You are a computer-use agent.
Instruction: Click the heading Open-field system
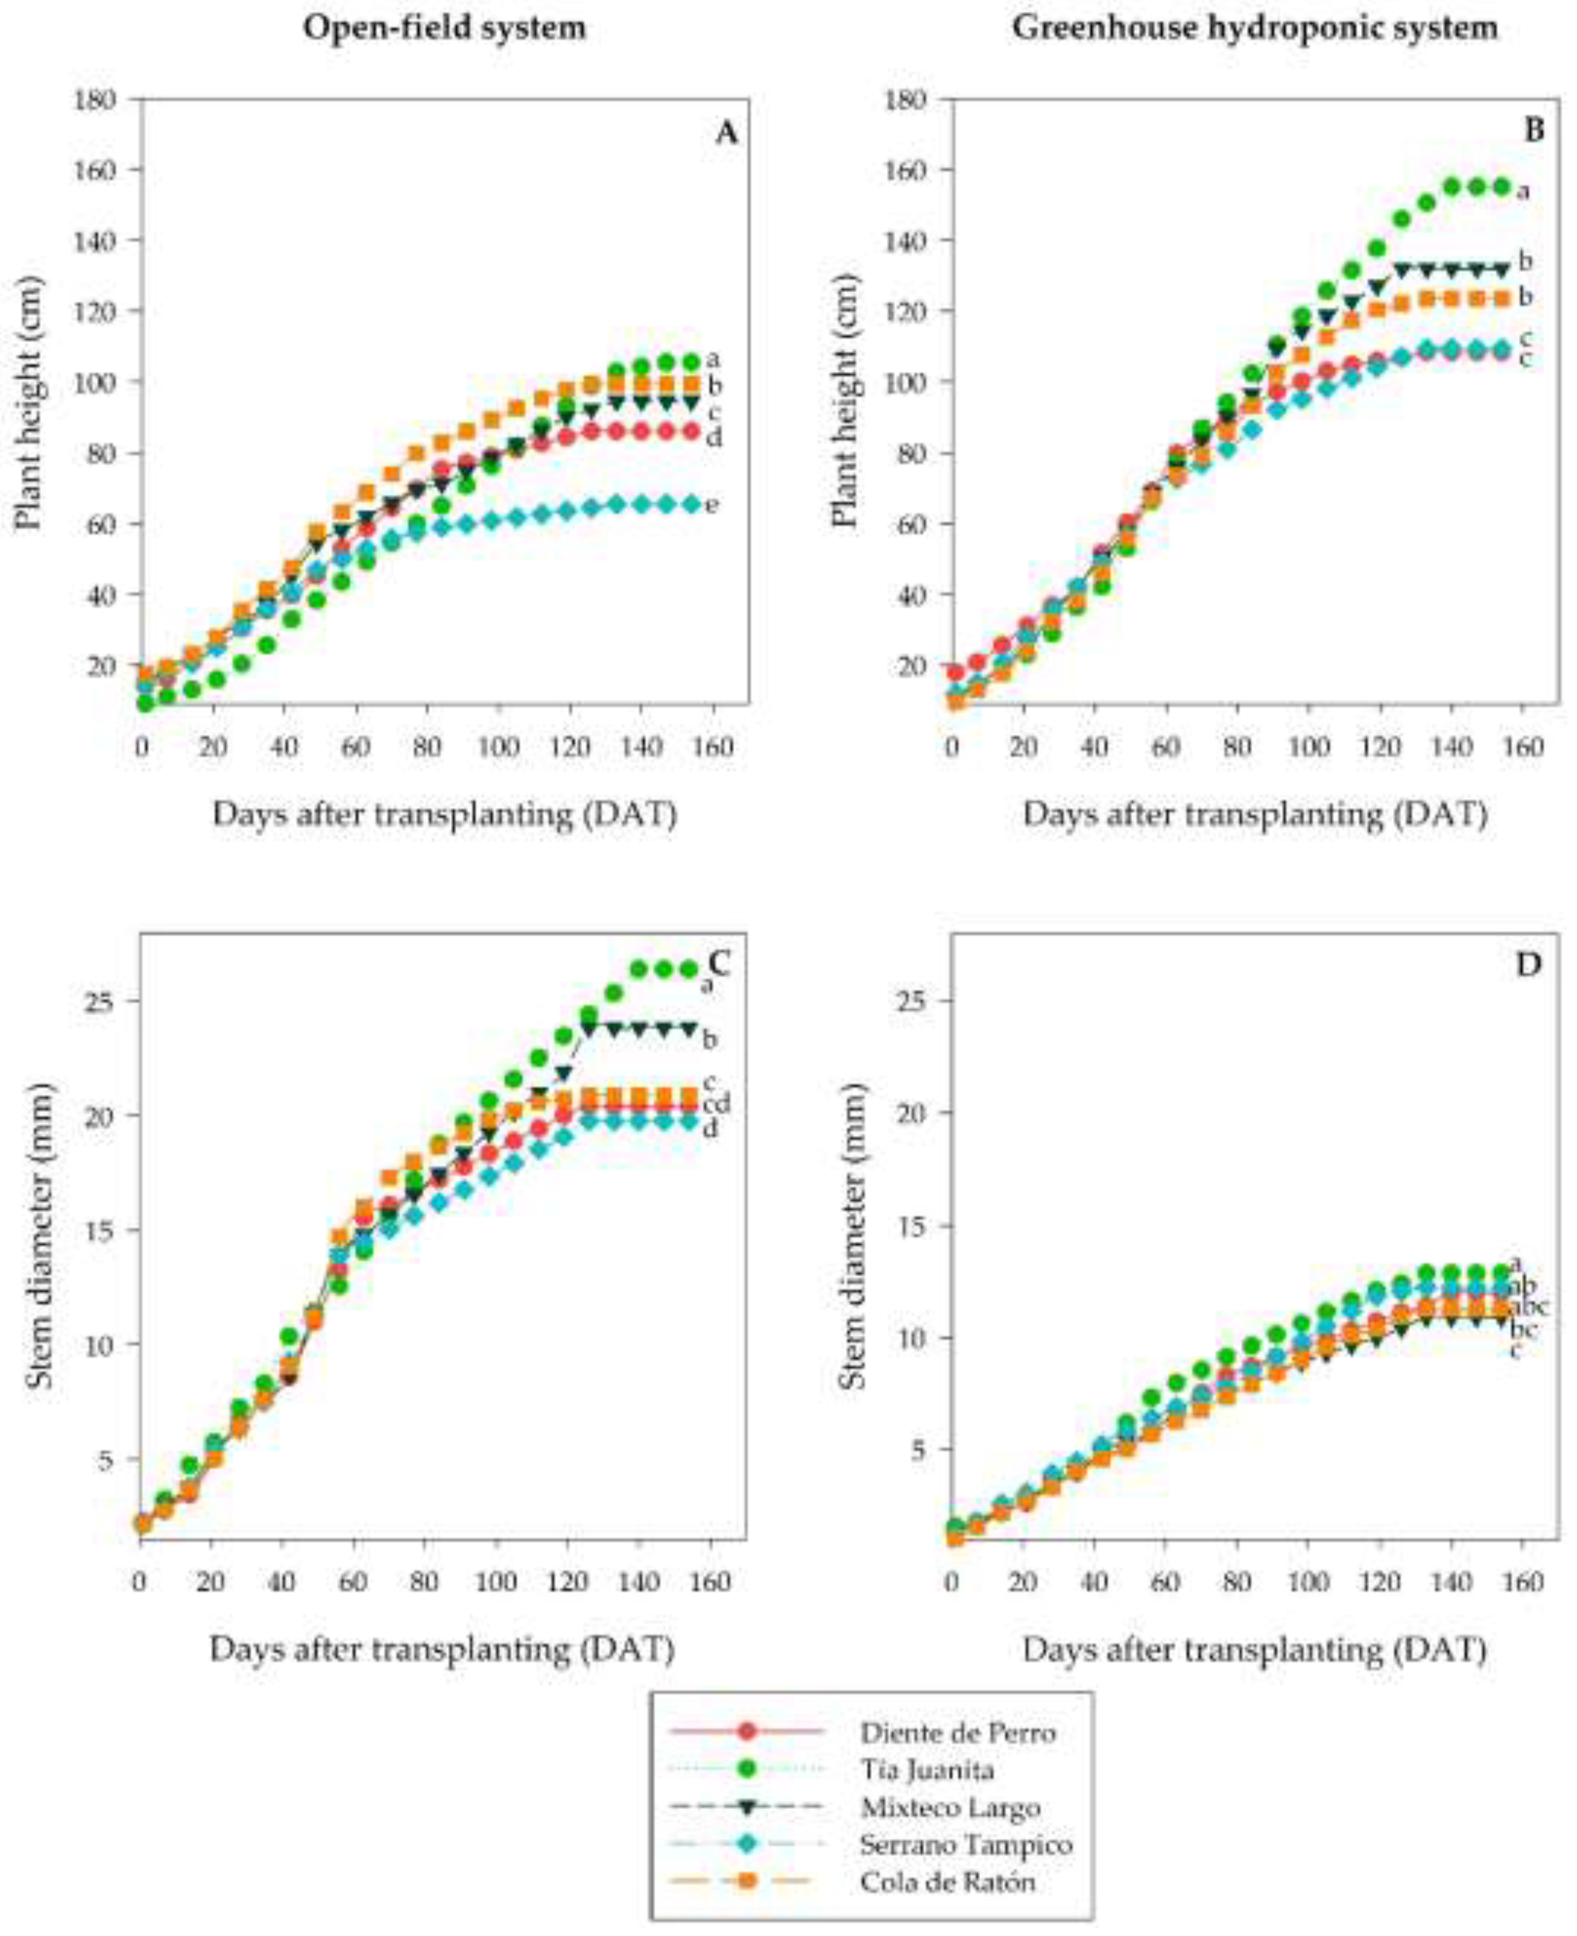444,28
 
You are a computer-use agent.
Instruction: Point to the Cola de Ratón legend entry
947,1882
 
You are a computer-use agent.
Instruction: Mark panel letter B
1534,131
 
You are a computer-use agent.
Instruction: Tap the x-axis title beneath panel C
443,1650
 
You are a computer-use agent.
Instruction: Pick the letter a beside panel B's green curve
1524,192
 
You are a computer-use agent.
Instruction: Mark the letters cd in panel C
717,1105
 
